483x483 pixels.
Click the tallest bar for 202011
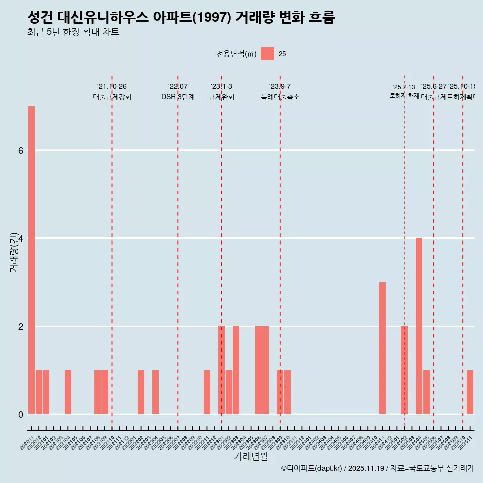pos(31,260)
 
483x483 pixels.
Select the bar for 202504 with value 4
pos(419,326)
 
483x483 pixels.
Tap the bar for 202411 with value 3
pos(382,348)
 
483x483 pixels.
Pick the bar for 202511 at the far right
pos(470,392)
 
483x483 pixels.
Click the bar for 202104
pos(68,392)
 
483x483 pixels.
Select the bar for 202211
pos(207,392)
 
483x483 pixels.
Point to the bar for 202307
pos(265,370)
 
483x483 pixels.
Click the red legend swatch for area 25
pos(267,54)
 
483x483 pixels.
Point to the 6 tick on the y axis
pos(21,150)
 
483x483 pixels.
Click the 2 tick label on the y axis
pos(21,327)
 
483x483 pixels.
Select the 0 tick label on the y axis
pos(21,414)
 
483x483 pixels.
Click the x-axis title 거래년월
pos(251,457)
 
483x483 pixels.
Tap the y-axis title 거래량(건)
pos(14,252)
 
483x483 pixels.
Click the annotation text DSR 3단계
pos(178,97)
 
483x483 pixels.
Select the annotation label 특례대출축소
pos(280,97)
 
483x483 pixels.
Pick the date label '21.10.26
pos(112,86)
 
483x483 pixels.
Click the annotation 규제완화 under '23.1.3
pos(221,97)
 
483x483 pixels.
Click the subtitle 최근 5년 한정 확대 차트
pos(73,32)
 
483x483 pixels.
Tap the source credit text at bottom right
pos(377,468)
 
